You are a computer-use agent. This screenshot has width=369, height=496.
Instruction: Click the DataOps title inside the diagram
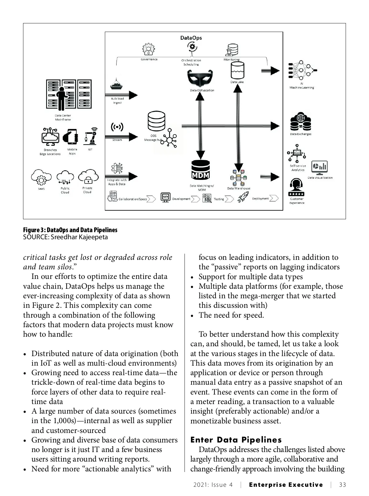click(191, 38)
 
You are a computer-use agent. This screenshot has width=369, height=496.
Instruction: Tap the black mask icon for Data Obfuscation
click(200, 78)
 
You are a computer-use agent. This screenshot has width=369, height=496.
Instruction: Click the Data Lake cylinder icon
click(237, 70)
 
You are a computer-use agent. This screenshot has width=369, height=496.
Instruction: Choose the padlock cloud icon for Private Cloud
click(88, 177)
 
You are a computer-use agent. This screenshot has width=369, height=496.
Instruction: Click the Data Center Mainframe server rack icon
click(69, 95)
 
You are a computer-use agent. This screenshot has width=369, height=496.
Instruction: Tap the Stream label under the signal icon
click(117, 140)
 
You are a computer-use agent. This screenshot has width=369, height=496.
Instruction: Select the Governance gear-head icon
click(149, 49)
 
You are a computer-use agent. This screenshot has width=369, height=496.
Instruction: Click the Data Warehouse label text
click(239, 188)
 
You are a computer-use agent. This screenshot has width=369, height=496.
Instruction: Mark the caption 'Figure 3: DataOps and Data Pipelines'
click(70, 230)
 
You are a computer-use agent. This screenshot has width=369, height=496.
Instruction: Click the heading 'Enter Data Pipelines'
click(236, 440)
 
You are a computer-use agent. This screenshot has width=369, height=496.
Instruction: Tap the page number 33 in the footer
click(342, 485)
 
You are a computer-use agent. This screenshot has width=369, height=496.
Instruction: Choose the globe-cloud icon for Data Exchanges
click(300, 122)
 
